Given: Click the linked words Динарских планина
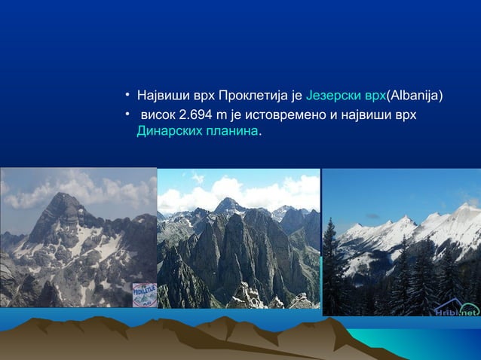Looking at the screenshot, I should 198,131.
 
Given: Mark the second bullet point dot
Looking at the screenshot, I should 129,114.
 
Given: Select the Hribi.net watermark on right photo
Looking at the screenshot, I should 455,310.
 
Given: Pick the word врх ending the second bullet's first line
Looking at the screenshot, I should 405,114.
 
